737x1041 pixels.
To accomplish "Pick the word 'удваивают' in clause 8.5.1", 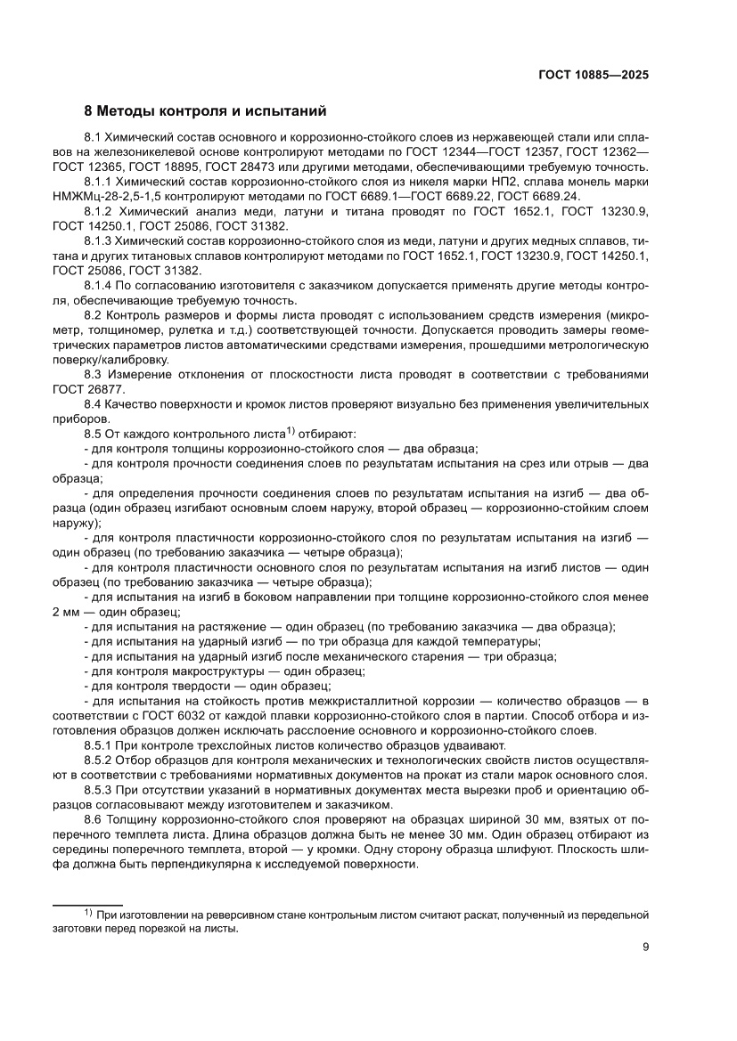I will tap(473, 745).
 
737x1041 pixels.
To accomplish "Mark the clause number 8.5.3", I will tap(96, 789).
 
